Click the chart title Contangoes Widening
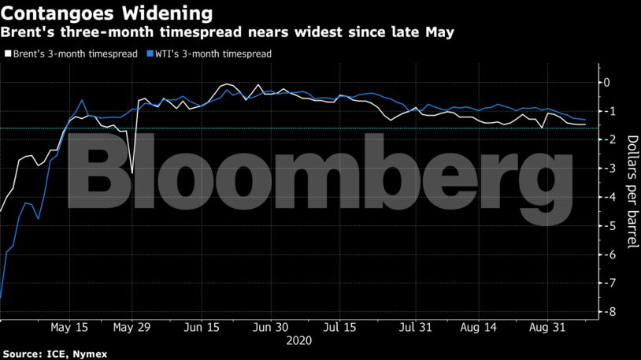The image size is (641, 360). tap(106, 13)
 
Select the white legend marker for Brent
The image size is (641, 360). tap(8, 54)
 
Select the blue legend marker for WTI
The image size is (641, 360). tap(150, 54)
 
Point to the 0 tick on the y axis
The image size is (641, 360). tap(606, 82)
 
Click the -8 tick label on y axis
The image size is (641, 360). tap(603, 312)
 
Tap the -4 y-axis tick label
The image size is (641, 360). tap(603, 197)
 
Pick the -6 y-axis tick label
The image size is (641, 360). tap(603, 254)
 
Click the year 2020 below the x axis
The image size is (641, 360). tap(298, 342)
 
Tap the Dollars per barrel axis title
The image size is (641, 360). tap(632, 192)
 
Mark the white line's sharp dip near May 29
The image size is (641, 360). tap(132, 173)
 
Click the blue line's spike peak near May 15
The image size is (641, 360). tap(82, 100)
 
